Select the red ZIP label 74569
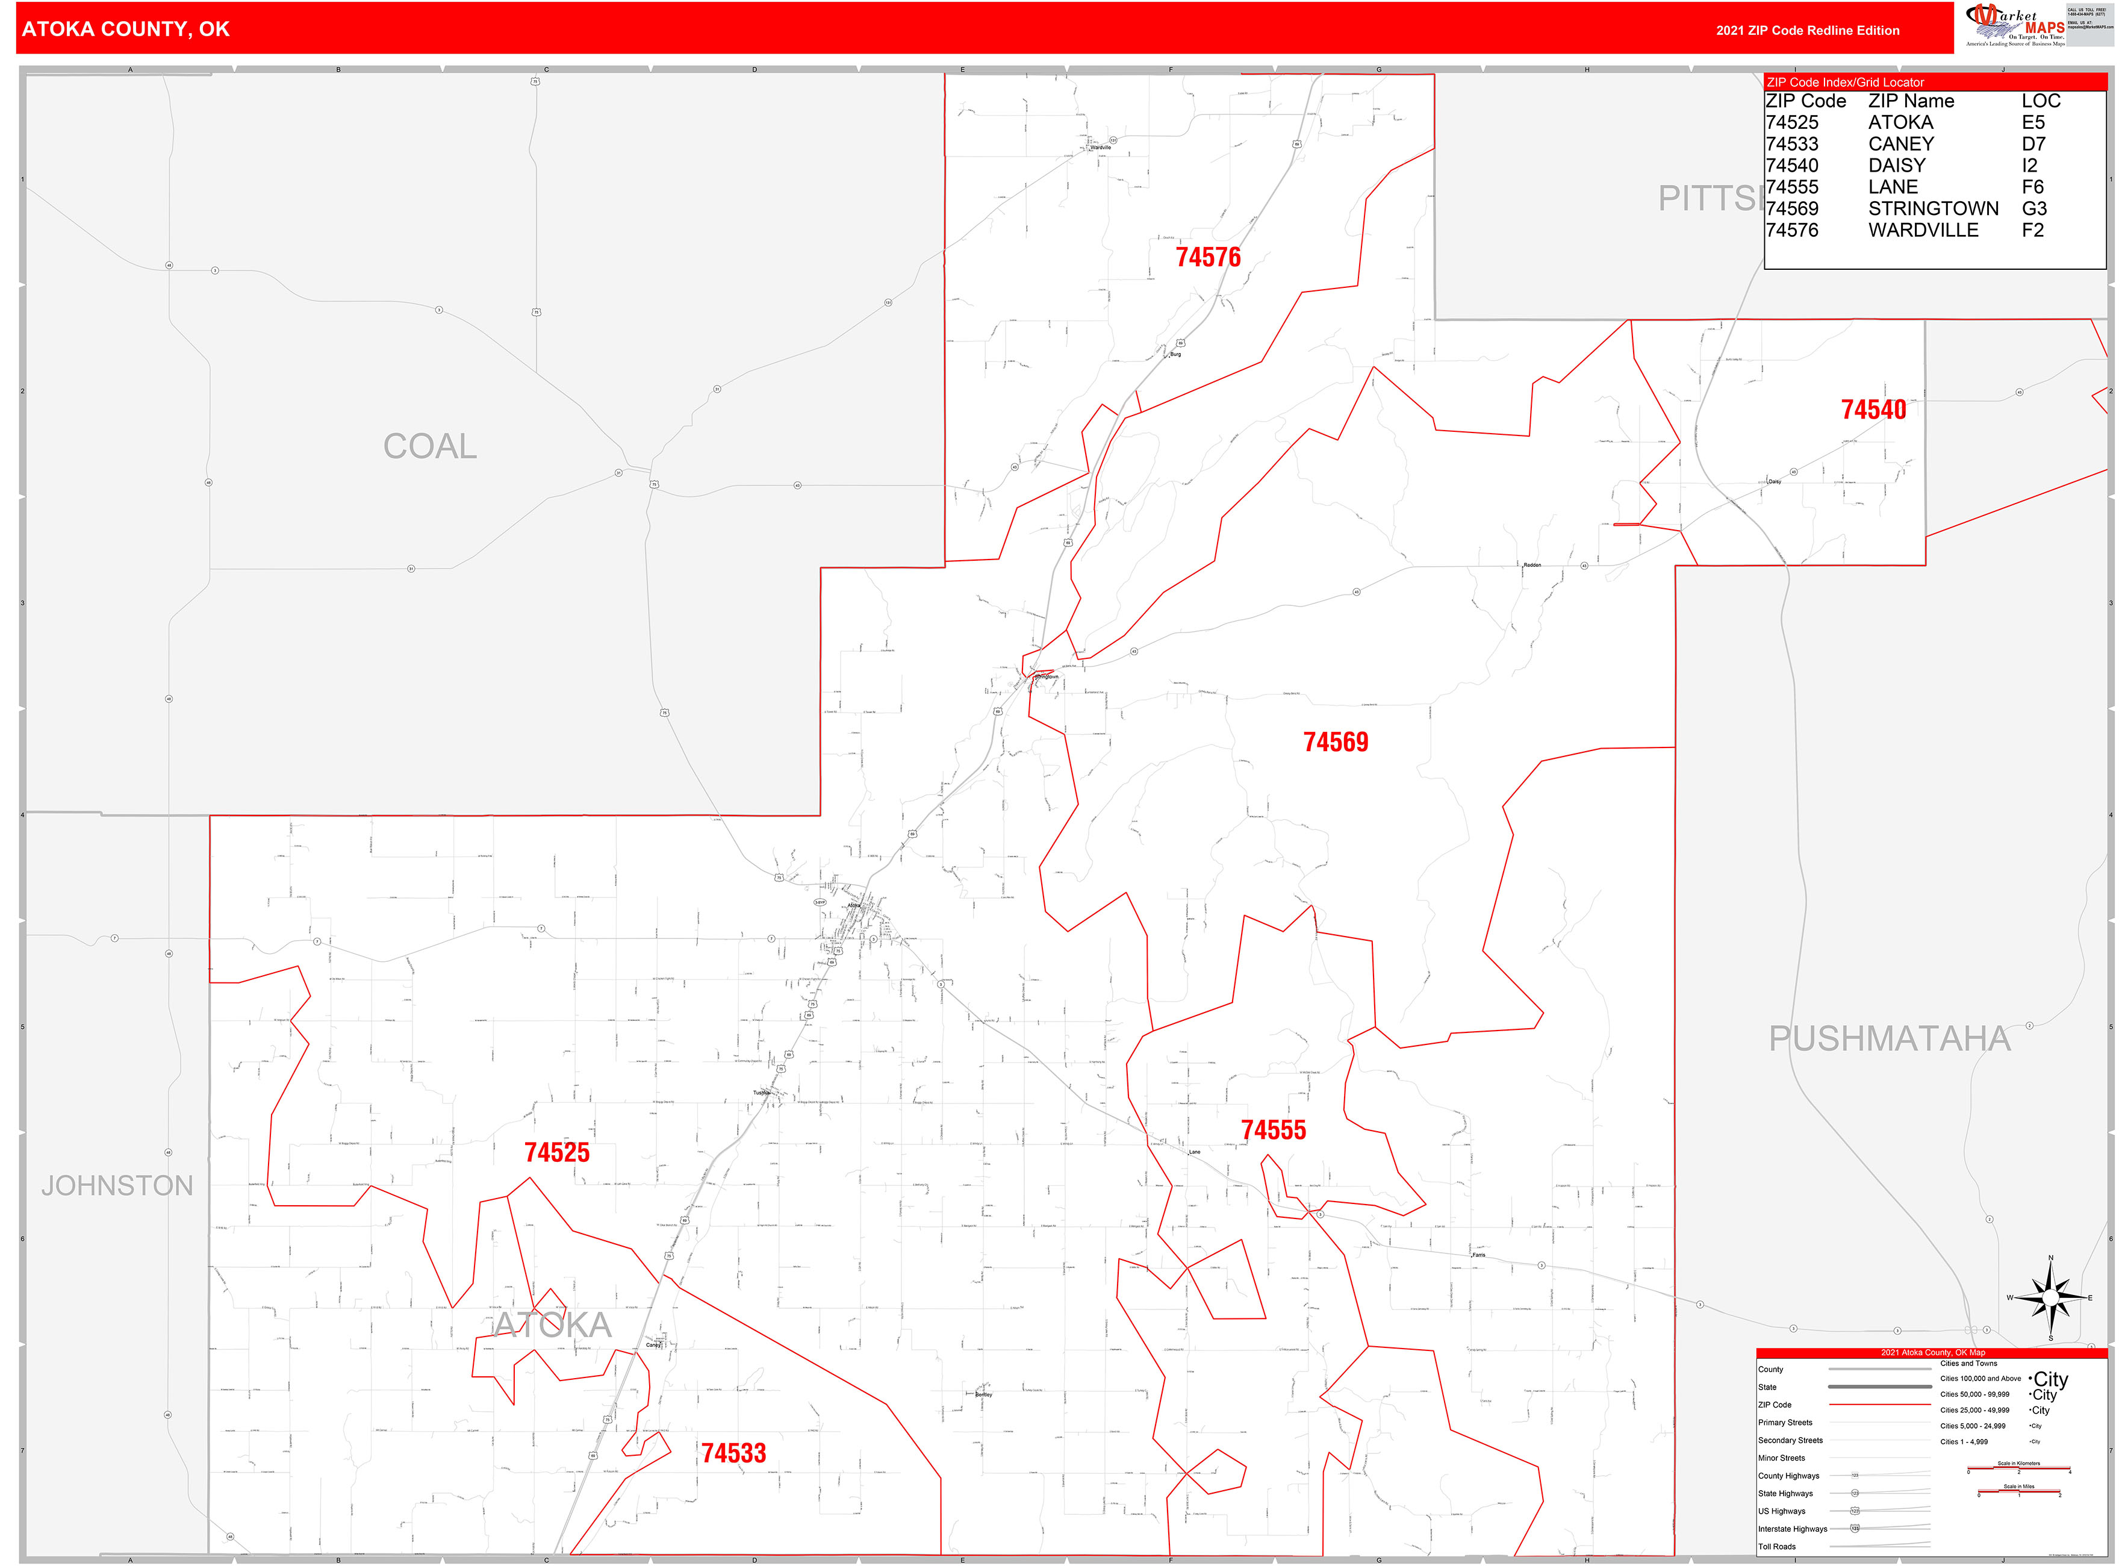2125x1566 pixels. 1336,742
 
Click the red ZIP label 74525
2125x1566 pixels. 558,1153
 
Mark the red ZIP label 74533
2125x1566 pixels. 733,1453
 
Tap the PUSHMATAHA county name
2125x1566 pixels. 1889,1039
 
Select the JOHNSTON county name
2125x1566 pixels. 117,1186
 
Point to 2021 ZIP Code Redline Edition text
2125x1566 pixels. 1808,30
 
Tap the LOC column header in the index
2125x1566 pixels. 2041,101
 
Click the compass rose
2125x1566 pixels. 2050,1298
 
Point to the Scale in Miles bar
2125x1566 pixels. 2019,1493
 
